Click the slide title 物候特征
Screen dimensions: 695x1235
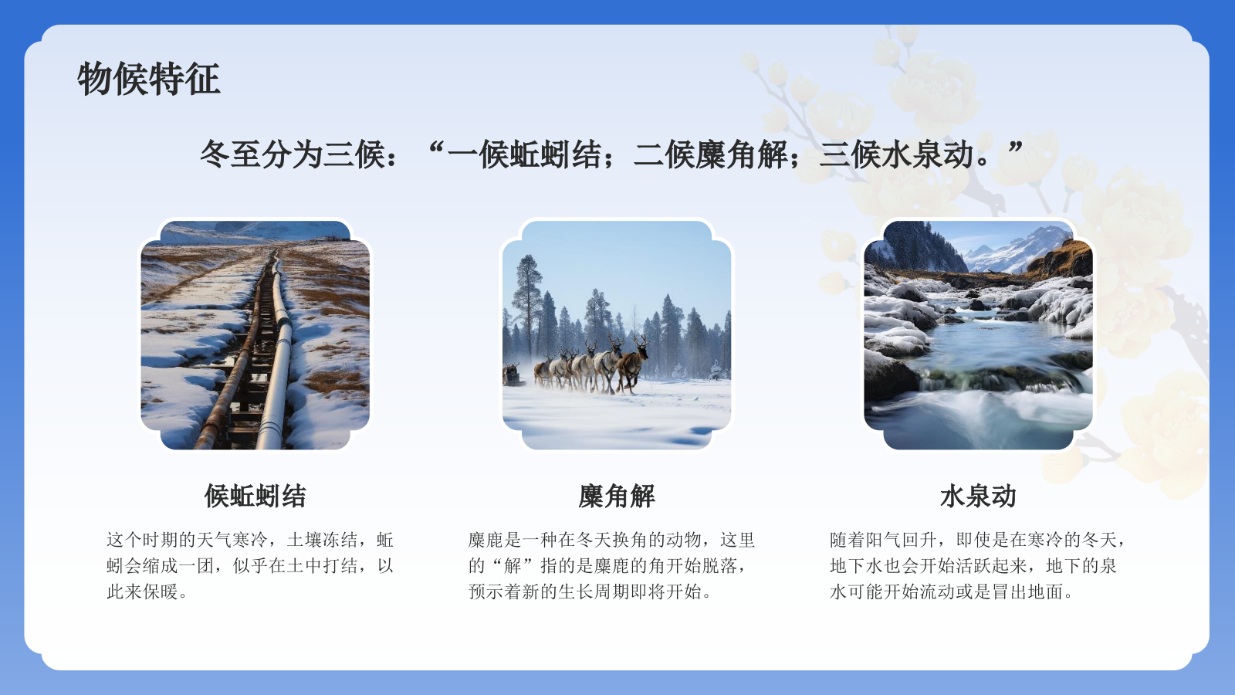coord(148,79)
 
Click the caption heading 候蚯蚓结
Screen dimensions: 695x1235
coord(255,496)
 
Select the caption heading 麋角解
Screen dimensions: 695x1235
coord(616,496)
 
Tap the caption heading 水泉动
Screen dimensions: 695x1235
coord(977,496)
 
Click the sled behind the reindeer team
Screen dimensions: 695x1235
coord(512,375)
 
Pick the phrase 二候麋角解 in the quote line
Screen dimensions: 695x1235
coord(710,154)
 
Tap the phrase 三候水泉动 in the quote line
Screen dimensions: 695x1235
coord(897,154)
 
